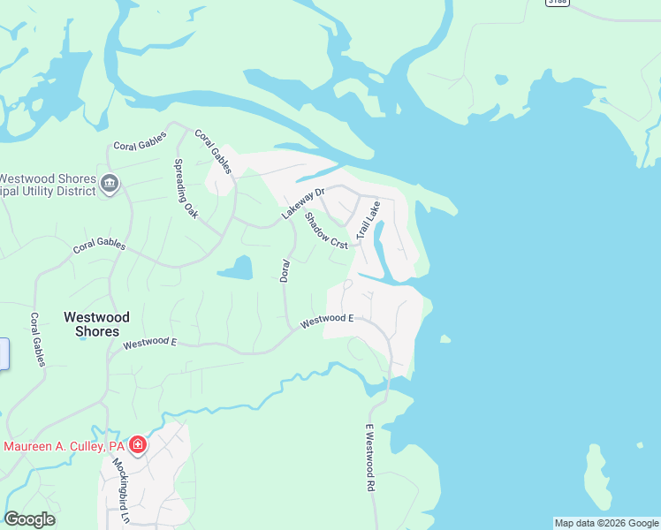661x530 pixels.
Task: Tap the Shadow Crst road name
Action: click(x=326, y=231)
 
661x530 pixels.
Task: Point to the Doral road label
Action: click(x=285, y=270)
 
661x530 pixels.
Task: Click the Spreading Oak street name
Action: click(x=186, y=188)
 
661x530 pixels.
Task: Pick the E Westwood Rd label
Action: click(x=370, y=458)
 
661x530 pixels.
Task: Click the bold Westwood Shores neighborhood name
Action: click(x=96, y=324)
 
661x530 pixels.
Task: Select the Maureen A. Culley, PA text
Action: click(x=64, y=446)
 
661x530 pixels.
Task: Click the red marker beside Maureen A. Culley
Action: click(x=138, y=444)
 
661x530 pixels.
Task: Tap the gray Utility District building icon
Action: click(x=110, y=184)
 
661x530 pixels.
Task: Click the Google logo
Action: click(x=29, y=519)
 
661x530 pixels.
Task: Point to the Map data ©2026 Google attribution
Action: click(x=606, y=523)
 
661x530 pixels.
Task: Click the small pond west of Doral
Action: click(x=236, y=268)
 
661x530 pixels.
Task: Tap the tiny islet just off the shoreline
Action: click(x=445, y=338)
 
